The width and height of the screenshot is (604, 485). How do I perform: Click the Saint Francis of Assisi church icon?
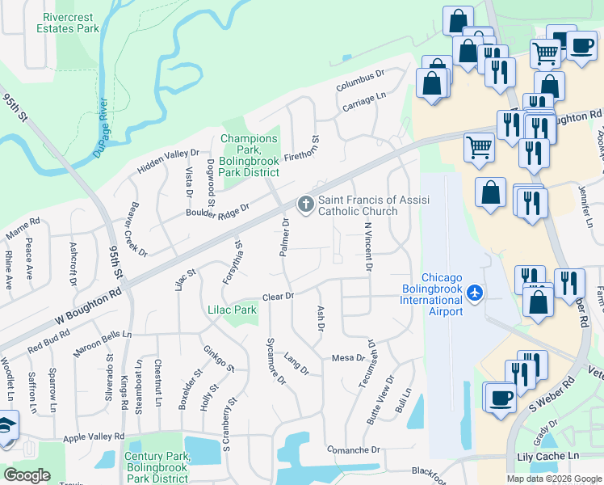305,205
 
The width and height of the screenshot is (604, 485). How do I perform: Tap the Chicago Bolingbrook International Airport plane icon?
476,291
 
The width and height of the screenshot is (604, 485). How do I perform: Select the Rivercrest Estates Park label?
68,23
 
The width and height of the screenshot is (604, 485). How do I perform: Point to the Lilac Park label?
232,310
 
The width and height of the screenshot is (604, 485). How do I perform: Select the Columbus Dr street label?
360,80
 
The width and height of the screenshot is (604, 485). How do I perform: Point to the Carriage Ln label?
364,100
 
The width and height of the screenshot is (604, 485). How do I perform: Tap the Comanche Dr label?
353,449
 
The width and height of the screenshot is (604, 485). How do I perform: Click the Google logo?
27,474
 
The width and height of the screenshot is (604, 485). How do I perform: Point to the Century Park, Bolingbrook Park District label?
157,467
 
